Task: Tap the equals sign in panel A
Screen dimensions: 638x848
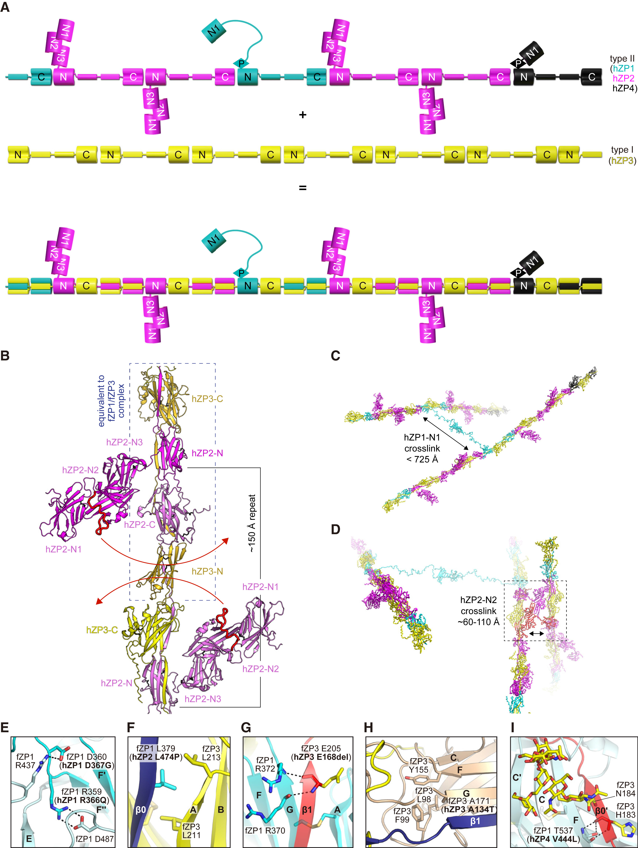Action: click(x=302, y=188)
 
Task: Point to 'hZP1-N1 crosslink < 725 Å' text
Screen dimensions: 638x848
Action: click(x=422, y=448)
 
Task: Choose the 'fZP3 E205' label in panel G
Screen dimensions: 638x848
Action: click(x=321, y=748)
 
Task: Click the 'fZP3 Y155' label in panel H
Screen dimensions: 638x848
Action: click(x=419, y=765)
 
